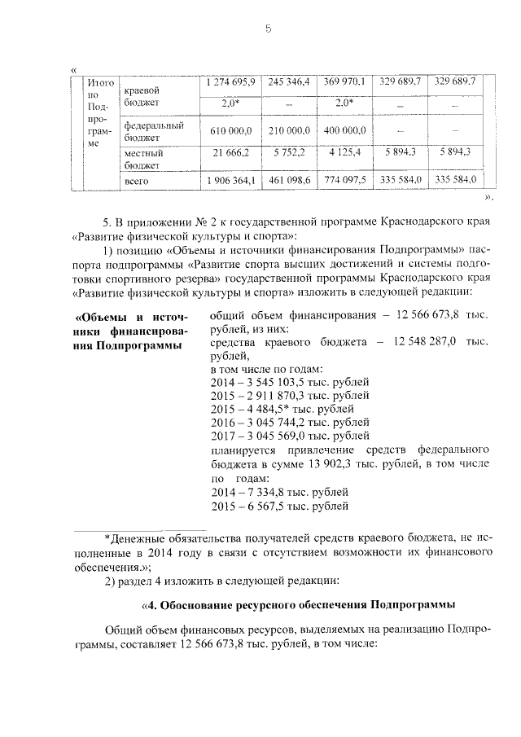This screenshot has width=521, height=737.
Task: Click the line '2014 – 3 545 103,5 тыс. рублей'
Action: [x=290, y=381]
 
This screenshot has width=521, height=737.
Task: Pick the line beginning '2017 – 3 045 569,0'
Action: [x=290, y=436]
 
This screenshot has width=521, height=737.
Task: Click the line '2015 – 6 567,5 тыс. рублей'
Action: [x=280, y=506]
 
